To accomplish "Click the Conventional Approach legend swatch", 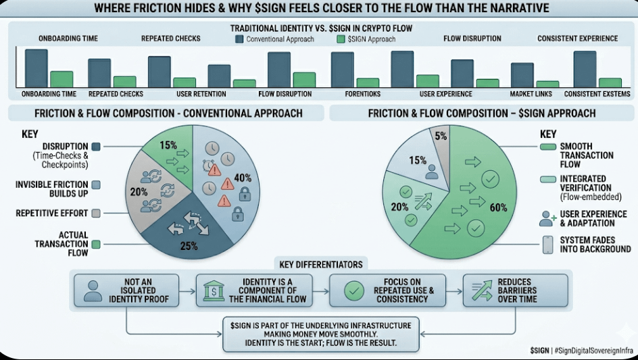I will [x=239, y=39].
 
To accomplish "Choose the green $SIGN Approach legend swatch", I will [x=340, y=39].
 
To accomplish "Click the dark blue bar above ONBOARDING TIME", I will [x=36, y=69].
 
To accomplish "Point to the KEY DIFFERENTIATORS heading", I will [x=321, y=262].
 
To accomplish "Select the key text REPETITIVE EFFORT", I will [x=51, y=213].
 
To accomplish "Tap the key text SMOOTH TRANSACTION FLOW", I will [x=586, y=155].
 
